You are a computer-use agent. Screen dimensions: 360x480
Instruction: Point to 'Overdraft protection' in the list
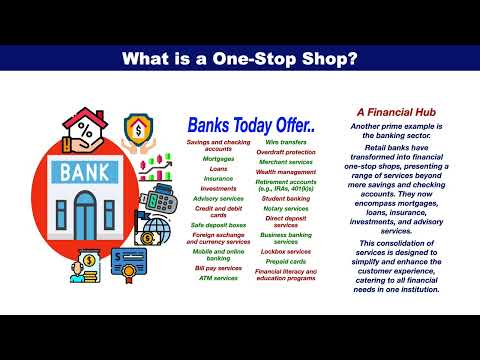tap(285, 152)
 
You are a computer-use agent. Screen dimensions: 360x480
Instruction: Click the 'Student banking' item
tap(285, 198)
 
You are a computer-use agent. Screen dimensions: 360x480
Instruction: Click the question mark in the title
tap(353, 59)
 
